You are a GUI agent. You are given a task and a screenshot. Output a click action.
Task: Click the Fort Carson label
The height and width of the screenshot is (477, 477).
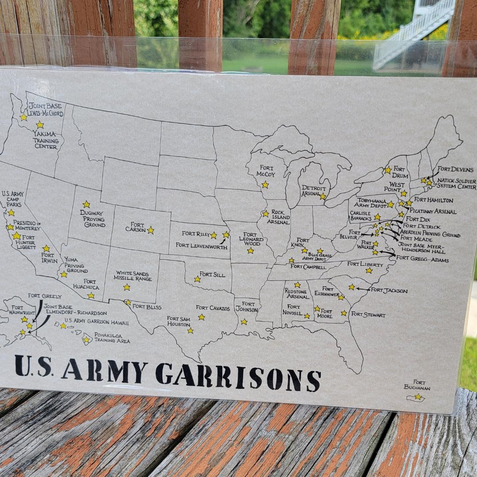pyautogui.click(x=135, y=227)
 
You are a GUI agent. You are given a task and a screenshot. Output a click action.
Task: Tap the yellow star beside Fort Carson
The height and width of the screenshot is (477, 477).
pyautogui.click(x=151, y=230)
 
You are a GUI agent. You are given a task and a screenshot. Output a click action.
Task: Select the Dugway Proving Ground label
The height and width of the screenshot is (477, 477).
pyautogui.click(x=93, y=219)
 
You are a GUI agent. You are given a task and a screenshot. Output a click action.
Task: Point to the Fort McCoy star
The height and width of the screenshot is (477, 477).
pyautogui.click(x=265, y=185)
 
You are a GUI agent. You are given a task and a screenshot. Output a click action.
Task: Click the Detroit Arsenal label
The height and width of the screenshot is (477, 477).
pyautogui.click(x=314, y=191)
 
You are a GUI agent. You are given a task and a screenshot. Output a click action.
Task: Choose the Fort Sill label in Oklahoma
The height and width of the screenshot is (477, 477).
pyautogui.click(x=212, y=275)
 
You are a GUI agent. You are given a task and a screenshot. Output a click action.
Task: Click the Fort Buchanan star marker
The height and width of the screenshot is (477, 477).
pyautogui.click(x=417, y=397)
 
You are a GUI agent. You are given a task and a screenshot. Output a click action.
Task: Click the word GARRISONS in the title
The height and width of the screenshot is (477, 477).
pyautogui.click(x=238, y=377)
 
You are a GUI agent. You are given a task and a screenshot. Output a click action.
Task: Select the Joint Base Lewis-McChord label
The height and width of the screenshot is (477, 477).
pyautogui.click(x=45, y=110)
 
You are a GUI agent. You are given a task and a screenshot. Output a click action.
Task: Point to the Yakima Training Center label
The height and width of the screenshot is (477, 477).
pyautogui.click(x=45, y=140)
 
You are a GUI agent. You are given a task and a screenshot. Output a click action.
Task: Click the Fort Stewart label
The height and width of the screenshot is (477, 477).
pyautogui.click(x=368, y=315)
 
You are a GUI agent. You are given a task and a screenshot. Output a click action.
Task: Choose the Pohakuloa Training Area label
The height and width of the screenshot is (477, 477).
pyautogui.click(x=109, y=338)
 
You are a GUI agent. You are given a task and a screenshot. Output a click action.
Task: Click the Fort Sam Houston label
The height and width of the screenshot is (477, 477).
pyautogui.click(x=178, y=321)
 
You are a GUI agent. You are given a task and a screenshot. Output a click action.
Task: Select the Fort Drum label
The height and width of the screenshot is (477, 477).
pyautogui.click(x=400, y=172)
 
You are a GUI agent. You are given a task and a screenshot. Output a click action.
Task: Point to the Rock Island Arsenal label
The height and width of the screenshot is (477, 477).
pyautogui.click(x=280, y=217)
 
